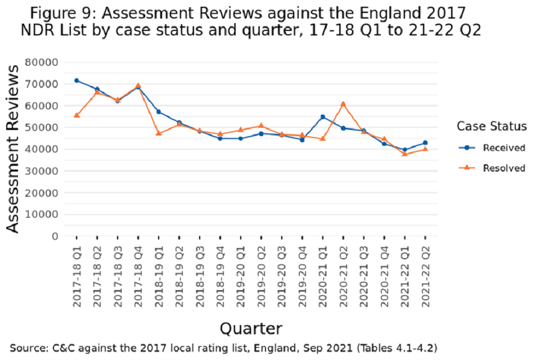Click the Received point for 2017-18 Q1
click(76, 80)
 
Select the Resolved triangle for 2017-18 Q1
click(76, 115)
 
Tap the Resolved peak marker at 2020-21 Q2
click(343, 104)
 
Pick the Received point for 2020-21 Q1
click(322, 117)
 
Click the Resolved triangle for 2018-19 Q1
click(159, 133)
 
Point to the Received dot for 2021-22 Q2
click(425, 143)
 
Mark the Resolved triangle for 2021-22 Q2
click(425, 149)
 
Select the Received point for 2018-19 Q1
click(159, 112)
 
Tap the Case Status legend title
click(492, 126)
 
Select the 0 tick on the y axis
click(55, 236)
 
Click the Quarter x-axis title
click(251, 328)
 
